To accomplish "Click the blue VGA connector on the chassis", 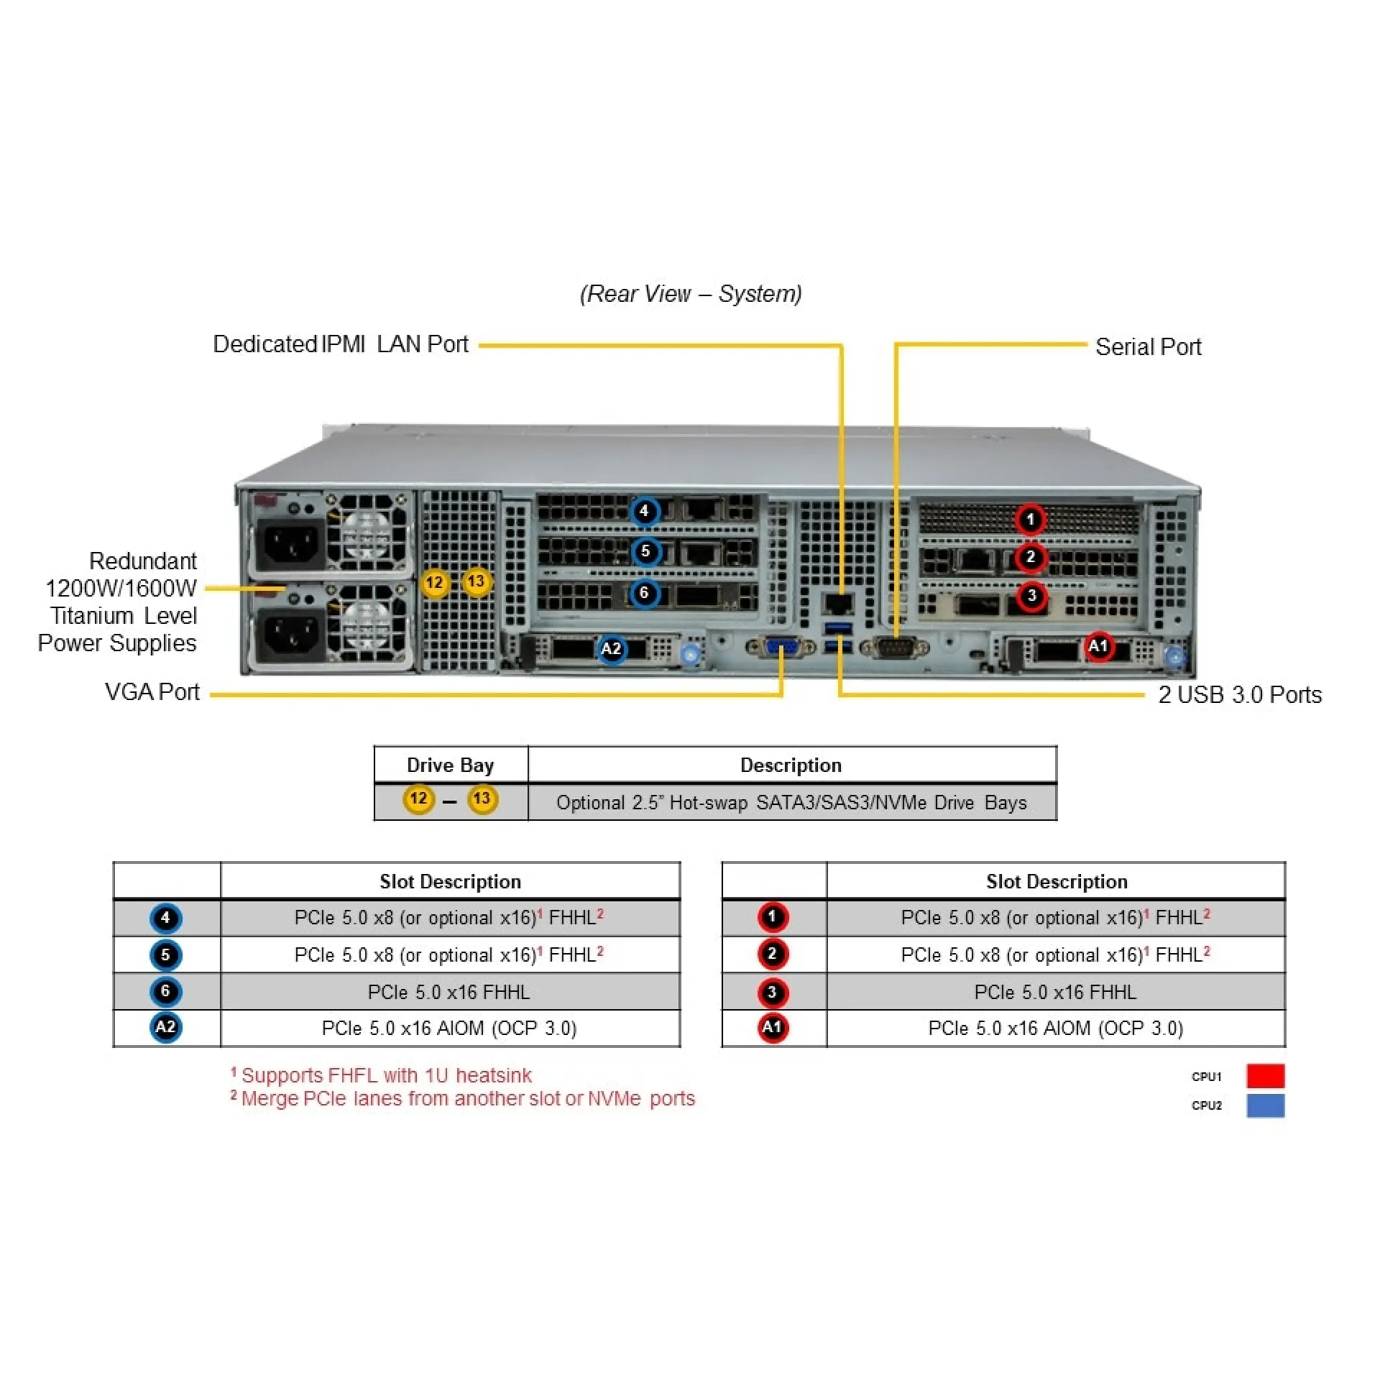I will tap(781, 648).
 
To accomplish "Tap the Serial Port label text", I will tap(1148, 347).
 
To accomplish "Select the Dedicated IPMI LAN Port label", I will tap(341, 344).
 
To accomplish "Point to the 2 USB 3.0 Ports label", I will tap(1240, 694).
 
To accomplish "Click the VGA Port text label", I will tap(152, 691).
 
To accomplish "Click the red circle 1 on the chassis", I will tap(1030, 519).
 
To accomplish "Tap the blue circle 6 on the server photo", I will tap(645, 593).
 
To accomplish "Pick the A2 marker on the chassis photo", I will tap(611, 649).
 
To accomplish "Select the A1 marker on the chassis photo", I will tap(1098, 646).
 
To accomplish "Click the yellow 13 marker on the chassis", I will tap(476, 581).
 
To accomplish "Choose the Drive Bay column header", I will tap(450, 765).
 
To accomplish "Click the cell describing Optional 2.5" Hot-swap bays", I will tap(791, 802).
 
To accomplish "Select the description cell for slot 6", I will tap(449, 992).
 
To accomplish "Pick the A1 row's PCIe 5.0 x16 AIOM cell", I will tap(1055, 1028).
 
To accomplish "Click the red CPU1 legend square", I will tap(1265, 1076).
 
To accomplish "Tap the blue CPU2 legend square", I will tap(1265, 1105).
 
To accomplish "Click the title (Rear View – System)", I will tap(691, 293).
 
